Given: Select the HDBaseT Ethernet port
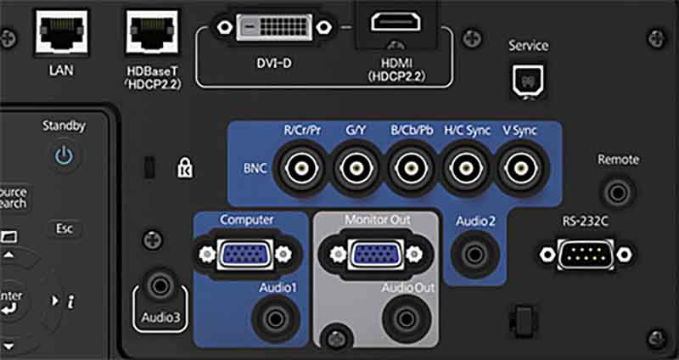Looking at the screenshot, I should click(150, 33).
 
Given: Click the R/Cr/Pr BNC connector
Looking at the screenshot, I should click(303, 168).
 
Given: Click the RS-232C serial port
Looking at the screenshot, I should click(586, 253).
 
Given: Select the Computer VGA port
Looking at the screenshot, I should click(242, 253).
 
